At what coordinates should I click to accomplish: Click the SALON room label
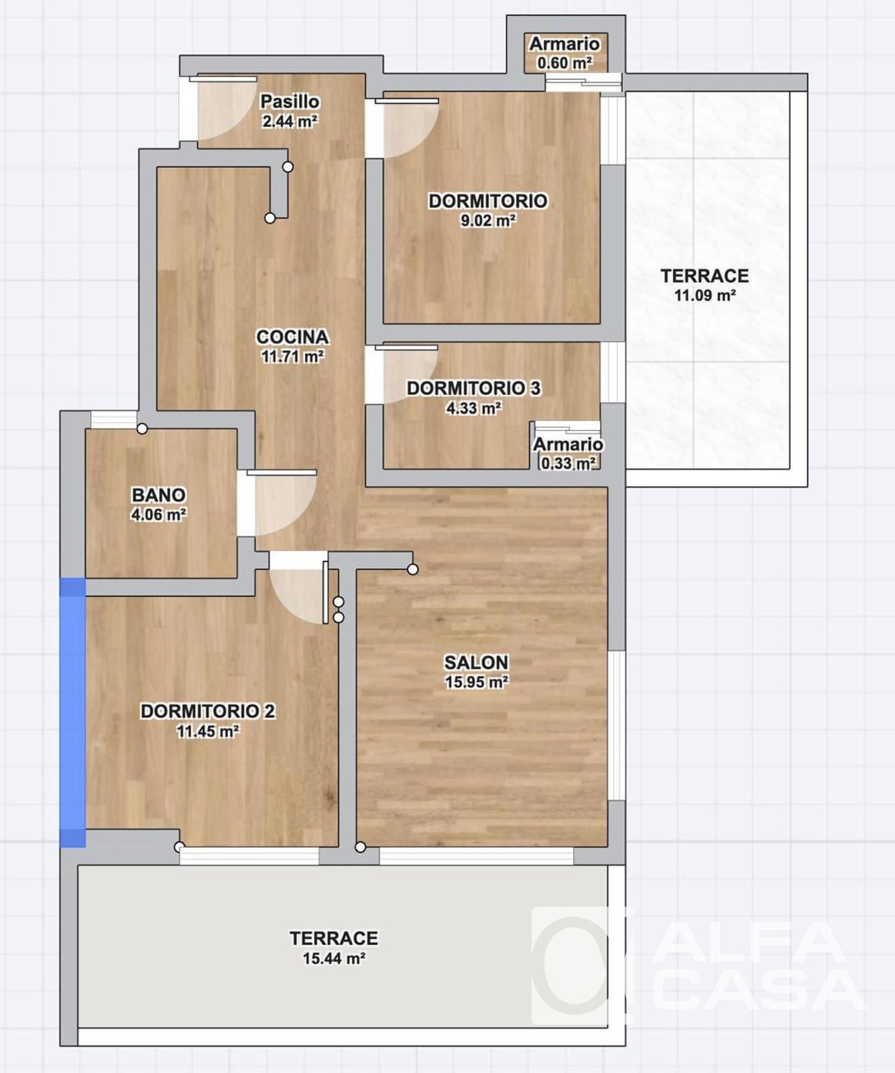click(x=476, y=663)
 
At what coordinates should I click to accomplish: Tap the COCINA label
click(x=292, y=337)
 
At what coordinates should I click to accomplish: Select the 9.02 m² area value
click(x=487, y=221)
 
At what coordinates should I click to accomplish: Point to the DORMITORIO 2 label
click(x=207, y=711)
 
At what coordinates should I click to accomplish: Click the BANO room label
click(x=158, y=495)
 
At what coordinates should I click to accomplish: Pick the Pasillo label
click(x=290, y=101)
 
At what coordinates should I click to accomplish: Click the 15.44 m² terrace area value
click(x=334, y=958)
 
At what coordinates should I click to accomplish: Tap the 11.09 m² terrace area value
click(x=705, y=295)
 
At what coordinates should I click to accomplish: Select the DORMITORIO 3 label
click(x=473, y=388)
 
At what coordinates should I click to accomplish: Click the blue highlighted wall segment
click(x=73, y=712)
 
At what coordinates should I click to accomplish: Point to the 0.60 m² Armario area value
click(x=564, y=63)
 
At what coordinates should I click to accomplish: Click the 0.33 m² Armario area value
click(x=569, y=463)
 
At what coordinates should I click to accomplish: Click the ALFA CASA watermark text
click(x=758, y=966)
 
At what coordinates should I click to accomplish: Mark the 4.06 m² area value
click(x=158, y=515)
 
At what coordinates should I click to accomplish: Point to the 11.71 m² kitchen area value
click(x=292, y=356)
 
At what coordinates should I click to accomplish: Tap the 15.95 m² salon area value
click(x=477, y=682)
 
